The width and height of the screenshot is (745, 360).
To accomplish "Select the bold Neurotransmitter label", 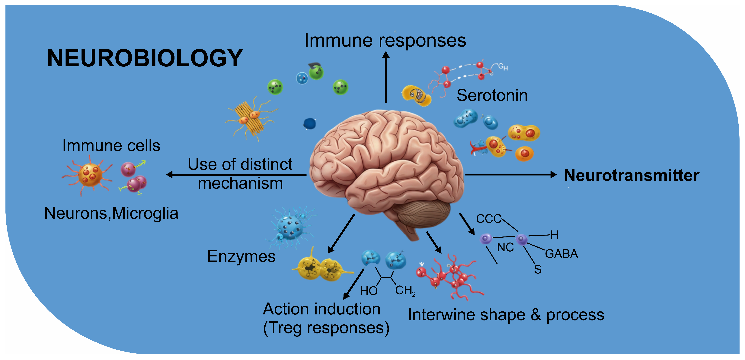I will click(x=631, y=175).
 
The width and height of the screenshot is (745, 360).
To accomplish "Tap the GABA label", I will click(x=561, y=254).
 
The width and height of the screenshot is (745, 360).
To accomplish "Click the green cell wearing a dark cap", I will click(x=316, y=72).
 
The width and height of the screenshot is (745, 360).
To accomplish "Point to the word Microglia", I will click(x=145, y=214).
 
